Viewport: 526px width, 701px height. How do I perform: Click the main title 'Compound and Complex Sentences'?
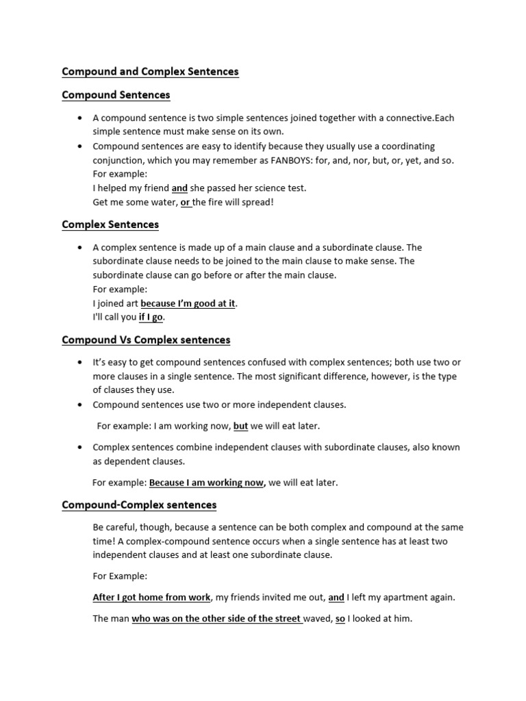point(150,71)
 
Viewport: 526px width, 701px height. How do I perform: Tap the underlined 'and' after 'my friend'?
point(179,188)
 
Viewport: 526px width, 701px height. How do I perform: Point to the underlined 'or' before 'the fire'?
point(185,201)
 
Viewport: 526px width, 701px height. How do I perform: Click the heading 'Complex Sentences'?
point(110,225)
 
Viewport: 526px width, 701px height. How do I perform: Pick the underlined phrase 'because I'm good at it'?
point(188,303)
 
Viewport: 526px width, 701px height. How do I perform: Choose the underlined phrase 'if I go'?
point(151,317)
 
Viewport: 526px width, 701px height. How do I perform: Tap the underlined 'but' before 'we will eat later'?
point(240,426)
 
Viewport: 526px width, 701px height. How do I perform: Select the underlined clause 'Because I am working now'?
point(206,483)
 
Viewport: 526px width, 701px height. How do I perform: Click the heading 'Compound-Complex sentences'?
point(139,505)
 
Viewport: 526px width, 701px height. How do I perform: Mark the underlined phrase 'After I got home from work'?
point(151,597)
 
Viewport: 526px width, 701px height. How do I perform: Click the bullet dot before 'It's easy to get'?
point(82,362)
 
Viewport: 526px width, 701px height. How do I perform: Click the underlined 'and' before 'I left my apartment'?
point(336,597)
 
